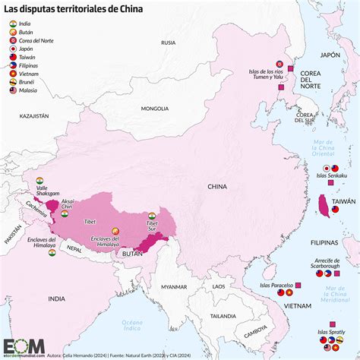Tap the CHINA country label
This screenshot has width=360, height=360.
[x=217, y=186]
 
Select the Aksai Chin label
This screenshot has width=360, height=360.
[x=68, y=204]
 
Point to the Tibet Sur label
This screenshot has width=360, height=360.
[x=152, y=226]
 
